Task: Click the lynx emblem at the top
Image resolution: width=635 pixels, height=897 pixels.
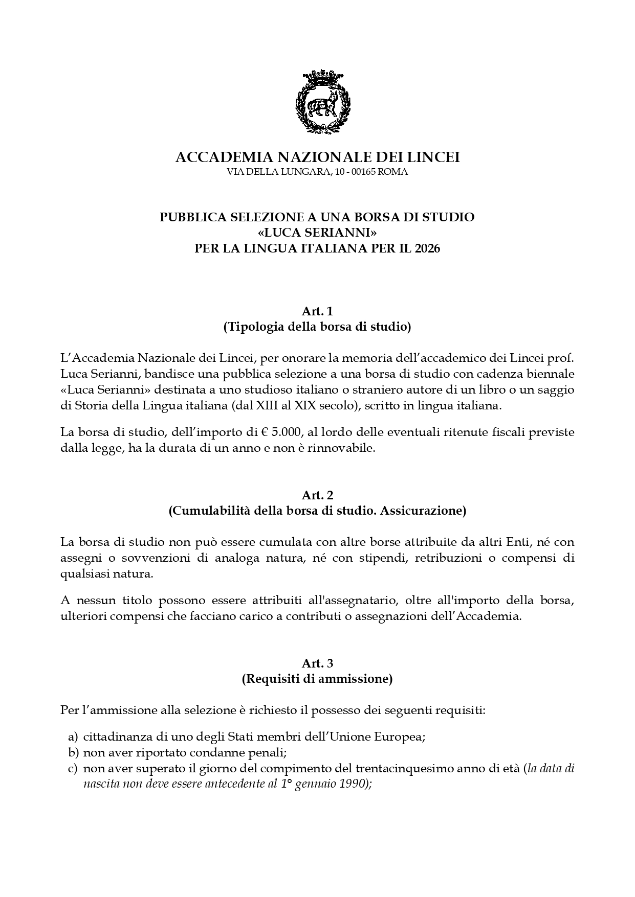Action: tap(323, 105)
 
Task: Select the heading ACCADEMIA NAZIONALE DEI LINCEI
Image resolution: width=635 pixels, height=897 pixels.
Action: tap(317, 157)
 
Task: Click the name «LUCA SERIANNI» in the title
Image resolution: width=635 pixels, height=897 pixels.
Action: tap(317, 233)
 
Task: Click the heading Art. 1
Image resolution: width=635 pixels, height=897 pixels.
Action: tap(317, 311)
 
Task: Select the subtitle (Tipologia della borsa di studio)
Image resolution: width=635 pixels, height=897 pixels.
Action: tap(317, 327)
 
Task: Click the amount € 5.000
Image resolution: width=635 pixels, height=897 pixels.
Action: tap(280, 432)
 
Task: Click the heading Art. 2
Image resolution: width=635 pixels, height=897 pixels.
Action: tap(317, 495)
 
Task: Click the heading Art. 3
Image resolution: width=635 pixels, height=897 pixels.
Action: tap(317, 663)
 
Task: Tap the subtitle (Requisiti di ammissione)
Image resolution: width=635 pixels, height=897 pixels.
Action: tap(317, 679)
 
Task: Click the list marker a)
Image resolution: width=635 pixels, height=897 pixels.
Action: tap(73, 737)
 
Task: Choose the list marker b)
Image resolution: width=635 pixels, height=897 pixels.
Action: tap(73, 752)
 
